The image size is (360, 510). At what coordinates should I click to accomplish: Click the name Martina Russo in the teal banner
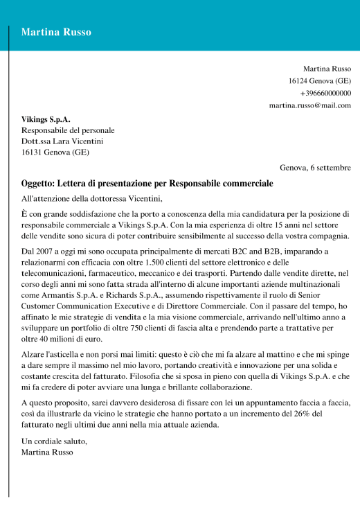click(56, 32)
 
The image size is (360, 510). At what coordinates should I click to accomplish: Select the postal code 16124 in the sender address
click(298, 81)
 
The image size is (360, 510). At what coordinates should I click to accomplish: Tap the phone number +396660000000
click(325, 93)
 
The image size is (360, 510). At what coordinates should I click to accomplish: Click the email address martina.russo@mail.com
click(310, 105)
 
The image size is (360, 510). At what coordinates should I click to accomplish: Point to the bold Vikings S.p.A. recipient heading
click(46, 118)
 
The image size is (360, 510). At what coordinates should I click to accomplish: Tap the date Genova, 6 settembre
click(315, 168)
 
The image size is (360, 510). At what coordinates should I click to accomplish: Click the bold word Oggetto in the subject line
click(40, 184)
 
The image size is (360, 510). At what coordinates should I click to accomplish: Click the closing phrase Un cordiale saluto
click(55, 441)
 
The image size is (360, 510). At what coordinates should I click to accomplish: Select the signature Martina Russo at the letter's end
click(47, 452)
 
